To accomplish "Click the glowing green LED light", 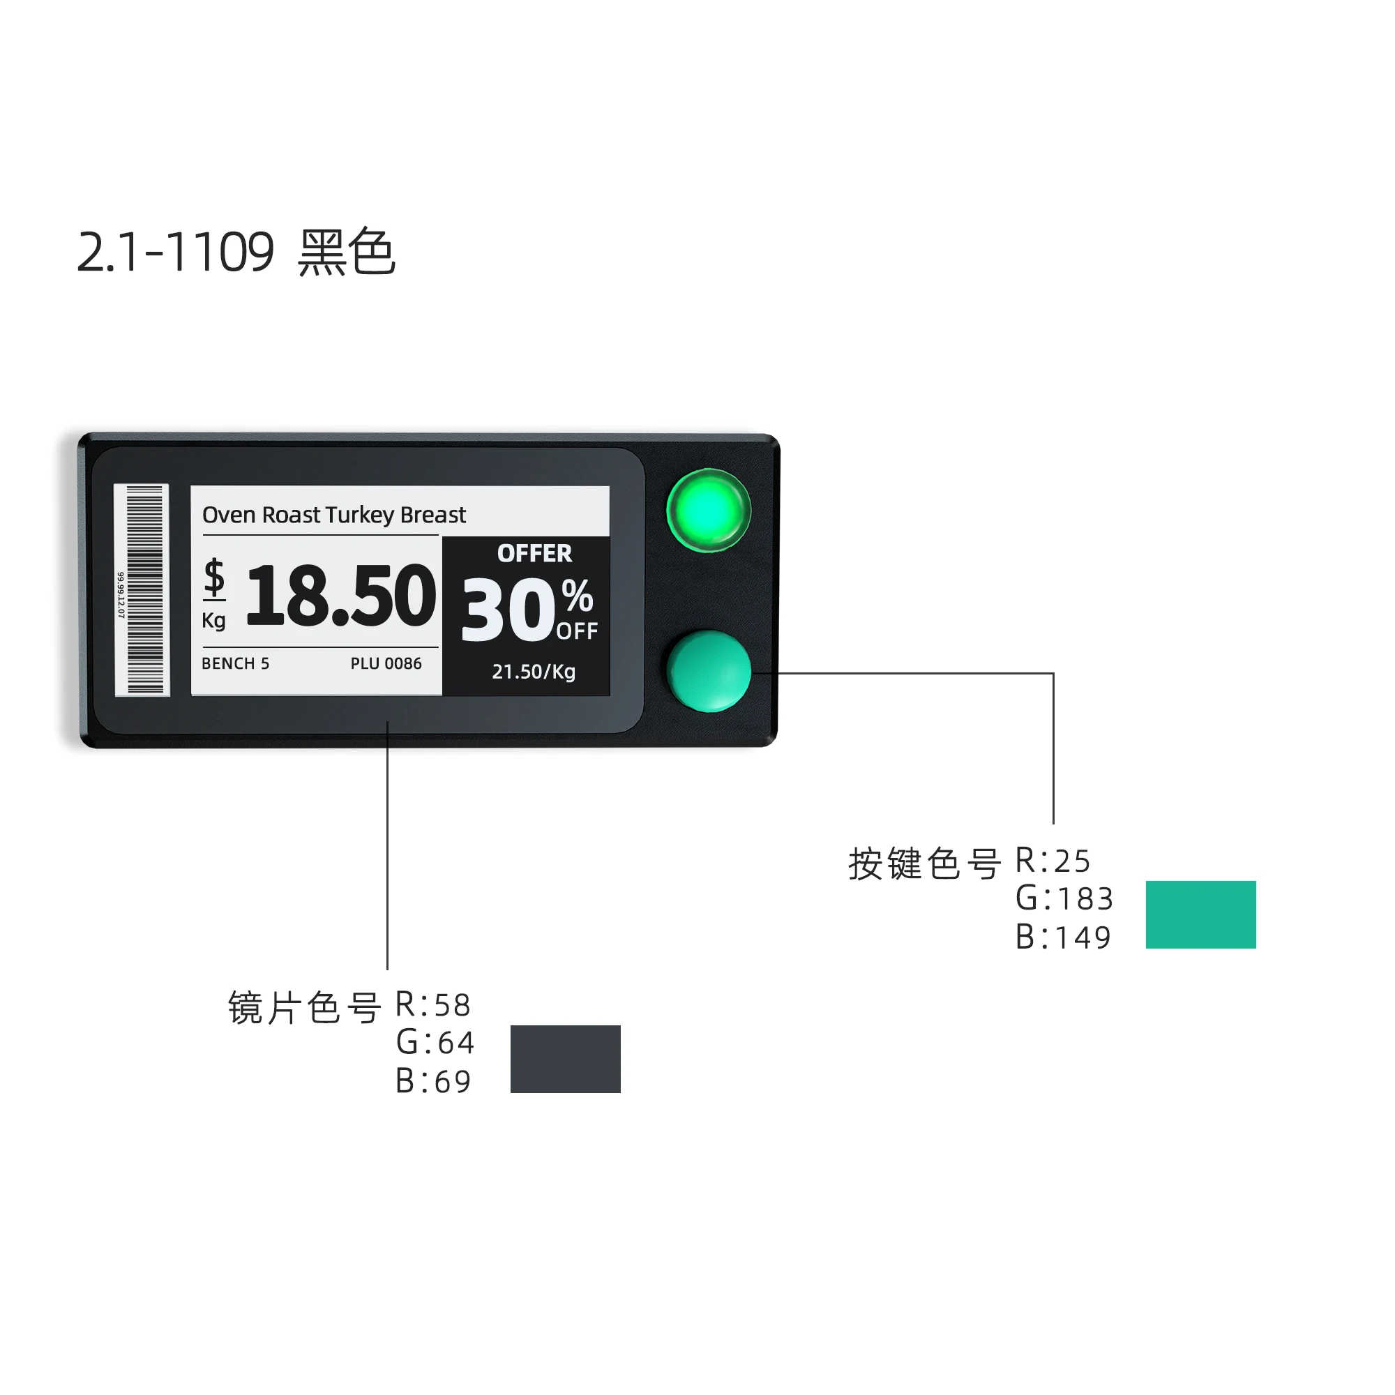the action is click(709, 511).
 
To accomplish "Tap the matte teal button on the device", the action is click(709, 671).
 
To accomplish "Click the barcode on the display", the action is click(143, 589).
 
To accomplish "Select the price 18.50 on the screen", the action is click(341, 596).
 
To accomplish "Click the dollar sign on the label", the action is click(213, 578).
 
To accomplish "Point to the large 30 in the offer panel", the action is click(508, 611).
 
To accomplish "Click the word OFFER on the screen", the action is click(534, 554).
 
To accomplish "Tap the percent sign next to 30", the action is click(577, 596).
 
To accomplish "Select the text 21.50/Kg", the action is click(534, 672).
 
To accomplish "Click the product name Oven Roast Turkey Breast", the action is click(333, 515).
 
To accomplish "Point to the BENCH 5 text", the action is click(235, 663).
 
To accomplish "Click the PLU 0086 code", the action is click(386, 663).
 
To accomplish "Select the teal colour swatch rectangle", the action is click(1200, 914).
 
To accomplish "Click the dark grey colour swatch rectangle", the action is click(566, 1059).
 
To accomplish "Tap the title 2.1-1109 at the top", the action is click(176, 252).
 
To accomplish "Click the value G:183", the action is click(1064, 899).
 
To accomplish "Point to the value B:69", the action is click(433, 1081).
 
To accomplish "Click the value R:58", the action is click(433, 1004).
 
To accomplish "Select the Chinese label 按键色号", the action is click(924, 864).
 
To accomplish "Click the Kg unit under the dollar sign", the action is click(213, 620).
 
